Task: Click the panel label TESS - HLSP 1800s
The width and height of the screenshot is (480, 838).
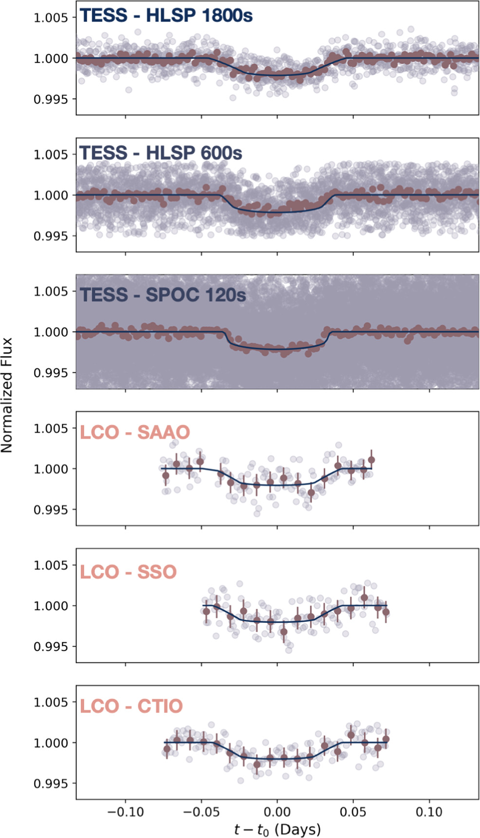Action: click(166, 16)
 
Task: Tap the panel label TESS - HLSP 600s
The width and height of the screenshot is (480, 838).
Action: click(161, 153)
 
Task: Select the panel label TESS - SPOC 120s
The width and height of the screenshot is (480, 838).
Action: click(163, 294)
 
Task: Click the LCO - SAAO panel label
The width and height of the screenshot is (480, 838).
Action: click(135, 432)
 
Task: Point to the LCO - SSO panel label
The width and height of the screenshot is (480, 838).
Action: click(128, 572)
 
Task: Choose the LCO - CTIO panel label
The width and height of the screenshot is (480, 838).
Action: click(131, 706)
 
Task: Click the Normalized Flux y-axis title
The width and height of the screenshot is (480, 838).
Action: click(7, 395)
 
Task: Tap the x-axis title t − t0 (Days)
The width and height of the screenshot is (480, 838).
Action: click(277, 829)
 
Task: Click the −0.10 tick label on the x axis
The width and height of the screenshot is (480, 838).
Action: click(125, 812)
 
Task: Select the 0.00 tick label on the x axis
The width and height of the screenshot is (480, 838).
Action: click(277, 812)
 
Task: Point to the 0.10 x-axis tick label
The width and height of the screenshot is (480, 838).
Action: click(429, 812)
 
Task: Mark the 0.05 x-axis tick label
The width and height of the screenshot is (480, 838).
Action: click(353, 812)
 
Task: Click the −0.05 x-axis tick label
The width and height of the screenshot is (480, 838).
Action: click(201, 812)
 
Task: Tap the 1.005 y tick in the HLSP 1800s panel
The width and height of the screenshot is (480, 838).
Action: click(51, 18)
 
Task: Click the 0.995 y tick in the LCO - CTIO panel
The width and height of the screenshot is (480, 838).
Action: click(51, 783)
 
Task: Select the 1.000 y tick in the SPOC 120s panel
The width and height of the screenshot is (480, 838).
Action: click(51, 332)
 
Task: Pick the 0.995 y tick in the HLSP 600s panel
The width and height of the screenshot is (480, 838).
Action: click(51, 236)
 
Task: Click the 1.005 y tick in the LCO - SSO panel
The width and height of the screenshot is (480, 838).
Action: click(51, 565)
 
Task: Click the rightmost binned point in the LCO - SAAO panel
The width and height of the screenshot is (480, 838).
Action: click(371, 459)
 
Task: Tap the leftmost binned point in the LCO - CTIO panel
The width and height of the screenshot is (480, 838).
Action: click(167, 749)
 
